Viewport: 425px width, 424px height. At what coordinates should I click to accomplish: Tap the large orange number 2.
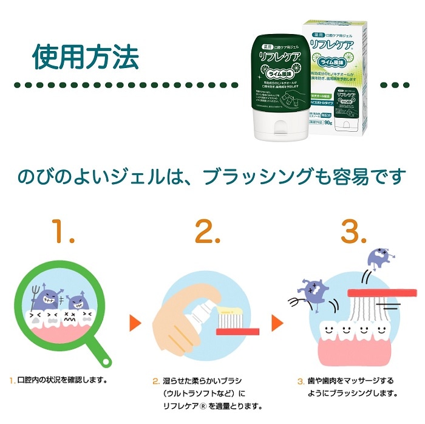coord(210,231)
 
